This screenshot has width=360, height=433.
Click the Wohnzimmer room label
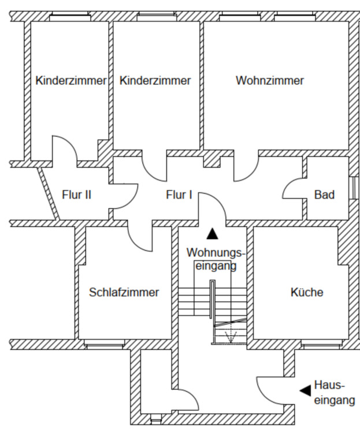click(x=269, y=81)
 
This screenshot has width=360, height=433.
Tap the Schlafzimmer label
click(x=124, y=292)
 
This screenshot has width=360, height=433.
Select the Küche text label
click(x=306, y=292)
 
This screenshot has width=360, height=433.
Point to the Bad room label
click(x=324, y=195)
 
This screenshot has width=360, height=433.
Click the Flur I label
click(x=179, y=195)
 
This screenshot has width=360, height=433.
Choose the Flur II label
click(x=76, y=195)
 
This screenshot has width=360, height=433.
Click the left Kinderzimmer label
click(x=71, y=81)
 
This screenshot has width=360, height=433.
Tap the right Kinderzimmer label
click(x=155, y=81)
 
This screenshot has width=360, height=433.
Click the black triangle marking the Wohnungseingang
click(x=213, y=234)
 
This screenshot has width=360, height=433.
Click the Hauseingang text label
click(x=334, y=393)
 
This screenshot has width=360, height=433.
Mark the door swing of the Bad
click(x=294, y=190)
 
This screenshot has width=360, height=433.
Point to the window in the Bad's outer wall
click(x=353, y=188)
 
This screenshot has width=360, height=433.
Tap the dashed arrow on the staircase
click(x=231, y=335)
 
